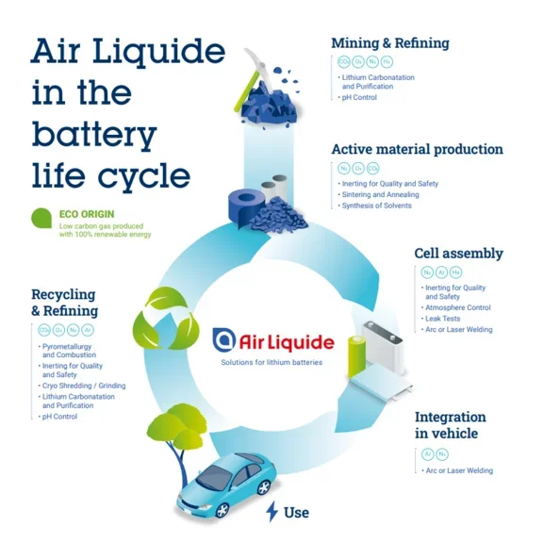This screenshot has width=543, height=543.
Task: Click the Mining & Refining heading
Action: point(389,43)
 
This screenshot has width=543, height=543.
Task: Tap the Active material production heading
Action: point(417,149)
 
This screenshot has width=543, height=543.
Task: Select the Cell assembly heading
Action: point(458,254)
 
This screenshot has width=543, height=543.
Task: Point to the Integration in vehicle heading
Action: point(451,425)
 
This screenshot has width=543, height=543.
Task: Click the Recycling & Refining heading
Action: point(64,303)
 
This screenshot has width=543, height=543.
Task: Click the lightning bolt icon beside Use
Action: point(272,512)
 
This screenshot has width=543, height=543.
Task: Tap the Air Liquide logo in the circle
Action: point(271,340)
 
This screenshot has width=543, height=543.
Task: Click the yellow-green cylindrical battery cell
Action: point(356,357)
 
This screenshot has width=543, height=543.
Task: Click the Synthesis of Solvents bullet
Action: point(377,206)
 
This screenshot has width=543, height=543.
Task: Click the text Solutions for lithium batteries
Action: point(271,363)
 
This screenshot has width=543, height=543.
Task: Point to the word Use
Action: point(296,513)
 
